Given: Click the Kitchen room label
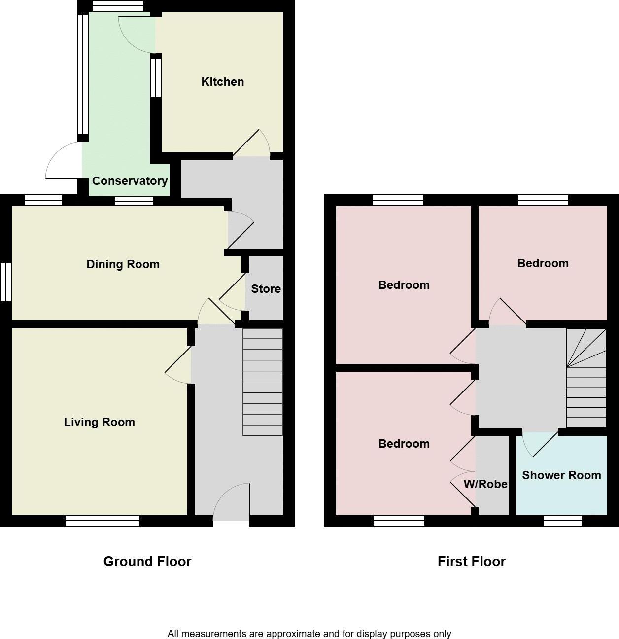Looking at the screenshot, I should click(x=222, y=82).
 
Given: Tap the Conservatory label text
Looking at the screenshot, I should click(x=130, y=181).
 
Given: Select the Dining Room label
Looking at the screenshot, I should click(x=123, y=264).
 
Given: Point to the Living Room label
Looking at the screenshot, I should click(x=99, y=422).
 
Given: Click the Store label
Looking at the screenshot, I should click(x=266, y=289).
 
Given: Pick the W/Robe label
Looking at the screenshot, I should click(x=485, y=484).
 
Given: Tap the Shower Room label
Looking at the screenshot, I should click(x=561, y=475).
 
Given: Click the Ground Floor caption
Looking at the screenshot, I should click(x=147, y=561).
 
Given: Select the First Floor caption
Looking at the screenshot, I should click(x=471, y=561).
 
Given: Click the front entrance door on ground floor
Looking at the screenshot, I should click(x=231, y=503).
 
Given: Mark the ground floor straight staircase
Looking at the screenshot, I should click(x=263, y=383).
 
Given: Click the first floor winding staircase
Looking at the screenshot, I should click(x=586, y=378).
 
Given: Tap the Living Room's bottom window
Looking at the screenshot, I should click(x=103, y=521).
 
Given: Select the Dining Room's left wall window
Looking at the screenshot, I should click(x=6, y=282).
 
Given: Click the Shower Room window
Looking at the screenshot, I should click(x=563, y=521).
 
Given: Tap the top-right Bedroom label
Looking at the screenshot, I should click(x=543, y=263).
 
